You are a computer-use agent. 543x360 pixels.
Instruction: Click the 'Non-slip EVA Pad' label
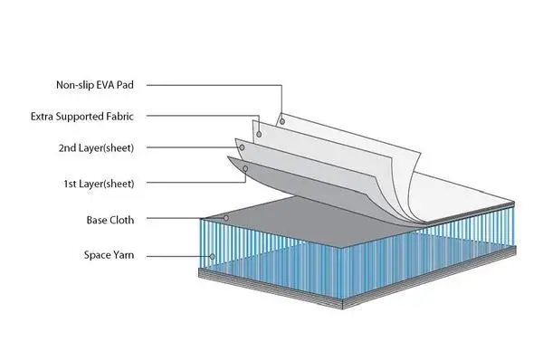95,85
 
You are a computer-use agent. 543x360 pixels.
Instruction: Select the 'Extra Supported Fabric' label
82,117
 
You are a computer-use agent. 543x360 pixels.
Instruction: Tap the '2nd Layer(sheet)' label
96,148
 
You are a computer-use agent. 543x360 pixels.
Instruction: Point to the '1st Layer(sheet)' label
99,184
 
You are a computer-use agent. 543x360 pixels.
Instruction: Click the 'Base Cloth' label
110,220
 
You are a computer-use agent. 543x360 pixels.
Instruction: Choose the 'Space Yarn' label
109,255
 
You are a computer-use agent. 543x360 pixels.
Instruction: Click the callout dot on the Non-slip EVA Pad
282,121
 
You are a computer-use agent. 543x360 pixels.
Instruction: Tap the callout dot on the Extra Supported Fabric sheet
259,134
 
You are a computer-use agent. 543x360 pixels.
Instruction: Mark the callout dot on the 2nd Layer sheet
242,147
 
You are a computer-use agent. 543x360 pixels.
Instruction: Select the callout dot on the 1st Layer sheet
245,168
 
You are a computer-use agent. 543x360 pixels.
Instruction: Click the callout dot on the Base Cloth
226,218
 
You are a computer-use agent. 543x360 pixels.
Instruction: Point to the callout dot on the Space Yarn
212,257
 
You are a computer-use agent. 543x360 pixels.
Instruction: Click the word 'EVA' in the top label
105,85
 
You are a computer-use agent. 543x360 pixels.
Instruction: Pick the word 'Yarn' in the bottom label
123,255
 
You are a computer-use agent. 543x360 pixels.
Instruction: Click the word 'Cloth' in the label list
121,220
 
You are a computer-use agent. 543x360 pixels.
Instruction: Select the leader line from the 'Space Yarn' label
178,257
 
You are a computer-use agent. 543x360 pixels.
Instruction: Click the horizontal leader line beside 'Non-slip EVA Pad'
214,85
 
